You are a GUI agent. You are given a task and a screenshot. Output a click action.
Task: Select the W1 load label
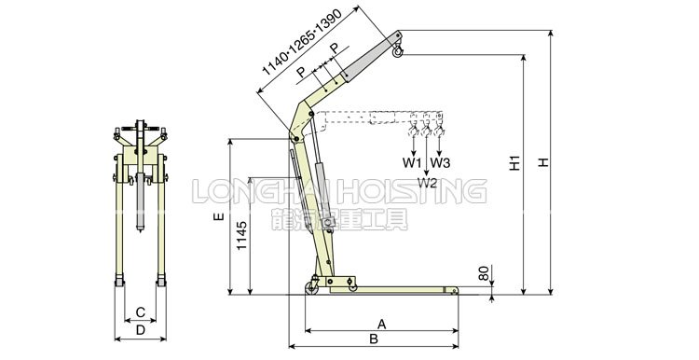tap(412, 163)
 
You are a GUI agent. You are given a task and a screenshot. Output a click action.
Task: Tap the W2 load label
tap(428, 183)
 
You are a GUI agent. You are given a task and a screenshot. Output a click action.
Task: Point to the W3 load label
tap(441, 163)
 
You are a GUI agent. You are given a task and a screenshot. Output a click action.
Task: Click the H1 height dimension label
tap(515, 163)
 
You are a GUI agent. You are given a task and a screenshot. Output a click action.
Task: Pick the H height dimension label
tap(543, 162)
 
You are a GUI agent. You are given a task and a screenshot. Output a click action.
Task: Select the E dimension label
tap(218, 216)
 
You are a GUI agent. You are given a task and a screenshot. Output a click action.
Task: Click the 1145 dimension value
tap(241, 235)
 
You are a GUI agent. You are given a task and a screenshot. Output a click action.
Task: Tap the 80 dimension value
tap(484, 273)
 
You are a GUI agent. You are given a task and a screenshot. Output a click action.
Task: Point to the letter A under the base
tap(381, 324)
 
